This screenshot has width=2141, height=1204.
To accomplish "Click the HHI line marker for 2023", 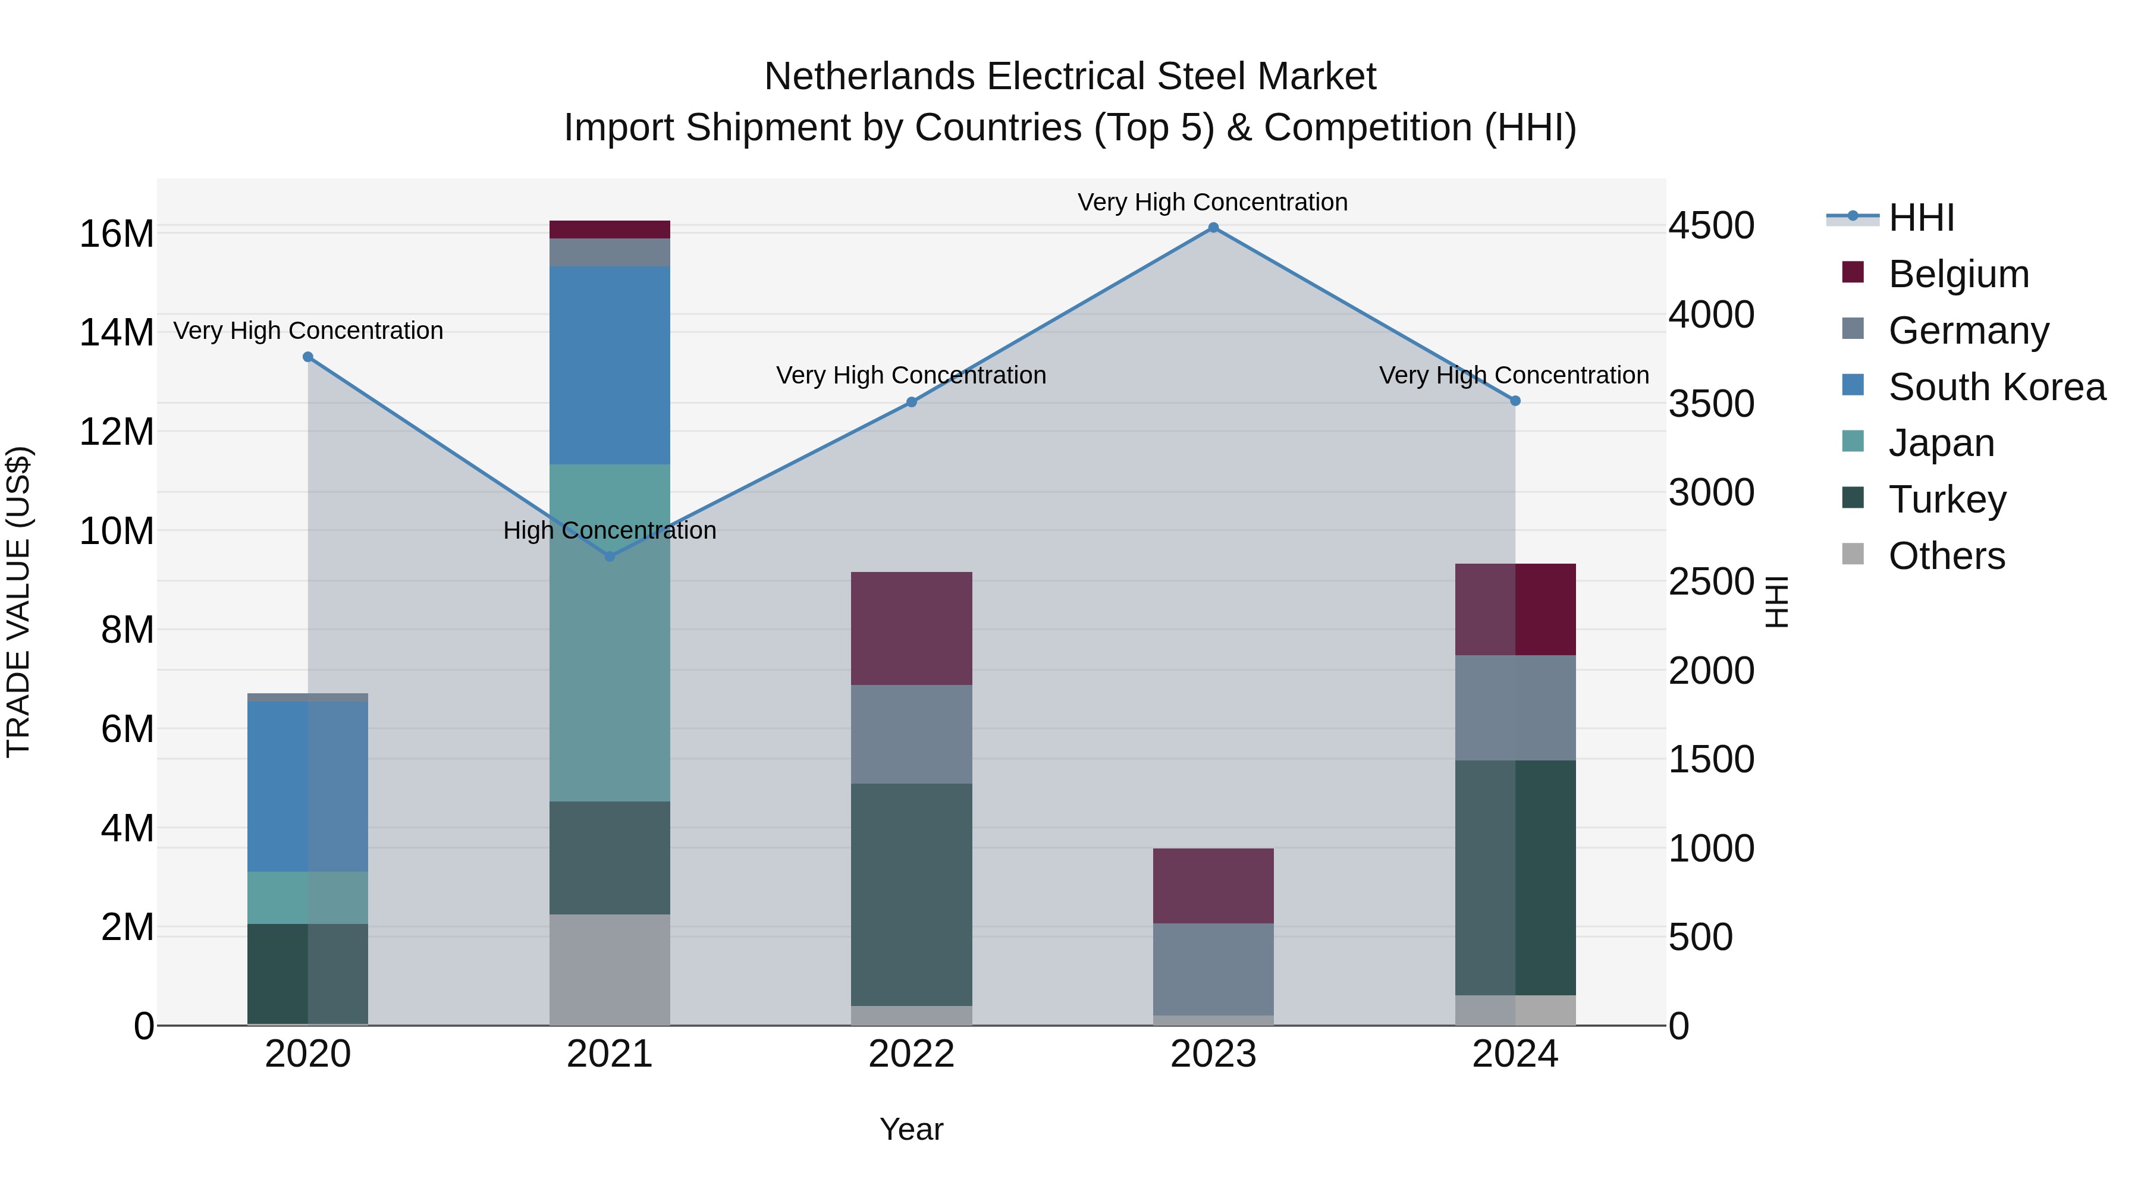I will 1213,228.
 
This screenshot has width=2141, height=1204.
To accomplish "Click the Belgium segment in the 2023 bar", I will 1213,886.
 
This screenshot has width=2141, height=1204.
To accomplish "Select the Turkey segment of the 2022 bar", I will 911,894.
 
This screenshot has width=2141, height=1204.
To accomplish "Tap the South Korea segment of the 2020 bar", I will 307,786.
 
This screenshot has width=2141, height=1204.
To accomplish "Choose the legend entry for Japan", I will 1940,443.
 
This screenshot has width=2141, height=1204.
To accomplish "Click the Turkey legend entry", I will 1946,499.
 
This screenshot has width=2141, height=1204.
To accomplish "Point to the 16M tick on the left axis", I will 117,234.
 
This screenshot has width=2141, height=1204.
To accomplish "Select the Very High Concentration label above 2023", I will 1213,202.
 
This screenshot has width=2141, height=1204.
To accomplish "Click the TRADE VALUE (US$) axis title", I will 18,602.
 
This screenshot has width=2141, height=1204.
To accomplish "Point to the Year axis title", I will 911,1129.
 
